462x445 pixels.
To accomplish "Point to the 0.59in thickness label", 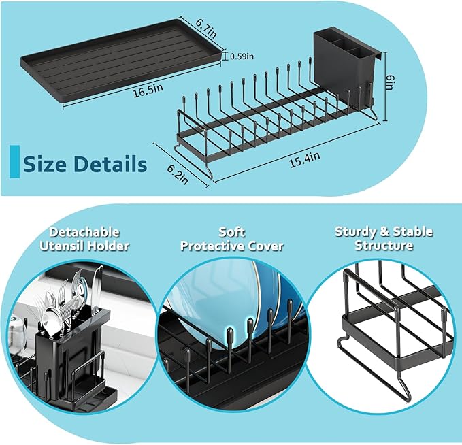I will pyautogui.click(x=242, y=56).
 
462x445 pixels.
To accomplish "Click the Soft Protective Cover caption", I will pyautogui.click(x=231, y=239).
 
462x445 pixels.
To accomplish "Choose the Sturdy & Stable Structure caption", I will pyautogui.click(x=384, y=239).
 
